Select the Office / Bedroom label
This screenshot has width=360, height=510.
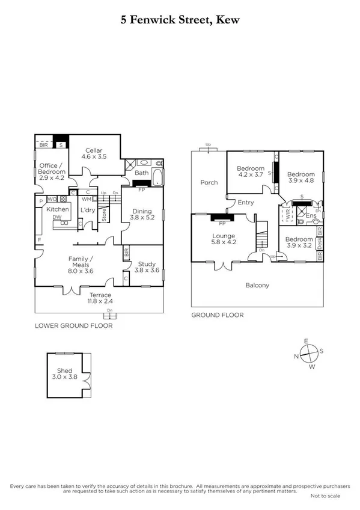51,171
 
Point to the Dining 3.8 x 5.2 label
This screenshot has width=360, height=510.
142,215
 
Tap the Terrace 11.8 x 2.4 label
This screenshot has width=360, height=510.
100,298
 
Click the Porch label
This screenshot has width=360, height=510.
209,182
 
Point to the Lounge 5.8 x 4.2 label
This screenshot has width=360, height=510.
223,239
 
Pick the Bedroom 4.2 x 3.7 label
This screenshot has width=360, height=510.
250,172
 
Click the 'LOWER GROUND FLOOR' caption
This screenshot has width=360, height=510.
74,325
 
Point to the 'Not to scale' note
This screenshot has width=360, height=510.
325,496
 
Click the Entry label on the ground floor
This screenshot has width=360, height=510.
246,203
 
